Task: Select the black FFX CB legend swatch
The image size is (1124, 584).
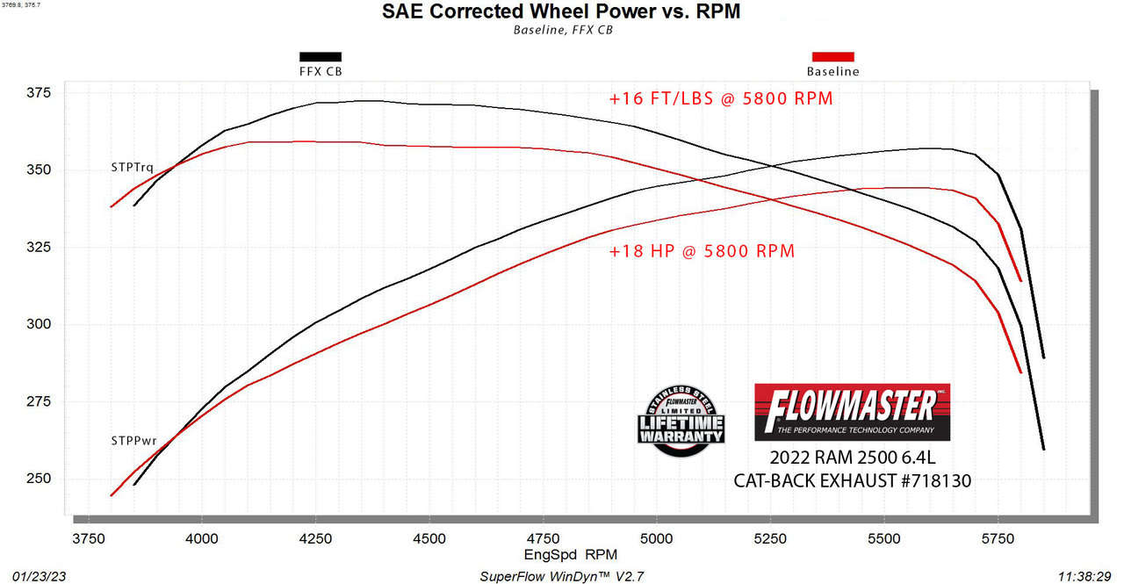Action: (321, 56)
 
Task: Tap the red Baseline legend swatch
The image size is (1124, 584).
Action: (832, 56)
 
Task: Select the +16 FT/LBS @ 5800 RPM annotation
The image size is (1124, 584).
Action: (720, 98)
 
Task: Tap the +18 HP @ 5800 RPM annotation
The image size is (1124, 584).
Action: (702, 251)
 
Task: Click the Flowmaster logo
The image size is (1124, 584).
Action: (852, 411)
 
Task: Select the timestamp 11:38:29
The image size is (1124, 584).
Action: (1085, 576)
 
